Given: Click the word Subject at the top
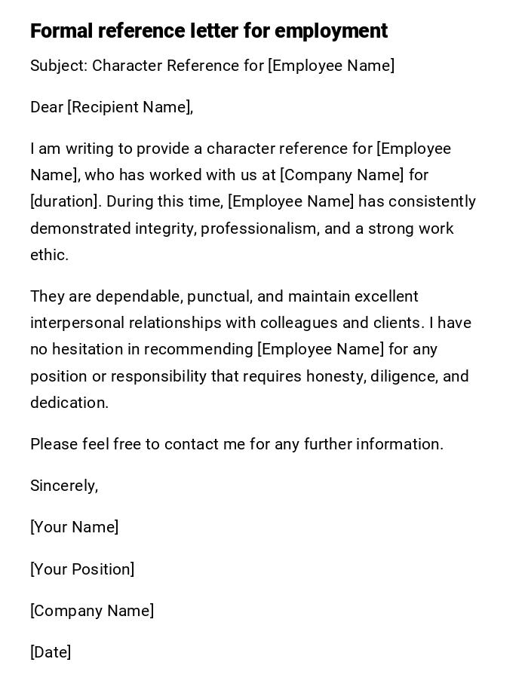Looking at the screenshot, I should click(58, 66).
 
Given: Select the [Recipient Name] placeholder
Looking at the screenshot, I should click(129, 107).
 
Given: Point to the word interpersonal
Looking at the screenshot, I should click(77, 323).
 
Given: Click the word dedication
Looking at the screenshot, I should click(69, 403).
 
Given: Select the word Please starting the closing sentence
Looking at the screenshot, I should click(53, 444).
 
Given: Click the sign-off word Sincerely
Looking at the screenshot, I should click(63, 486).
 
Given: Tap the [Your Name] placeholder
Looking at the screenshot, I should click(74, 527).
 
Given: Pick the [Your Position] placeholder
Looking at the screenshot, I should click(82, 569).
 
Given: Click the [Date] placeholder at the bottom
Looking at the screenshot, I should click(51, 652).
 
